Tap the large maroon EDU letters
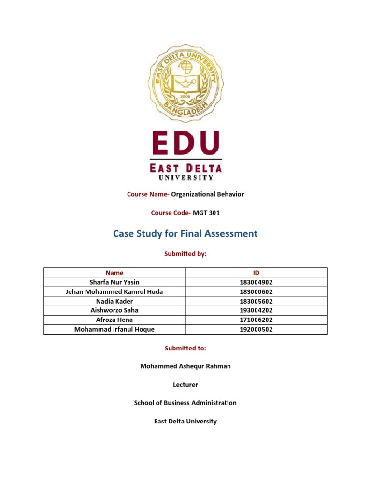pos(185,143)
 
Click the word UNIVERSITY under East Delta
pos(185,178)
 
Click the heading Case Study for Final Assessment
pos(185,234)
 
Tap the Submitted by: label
pos(185,254)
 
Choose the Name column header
pos(114,273)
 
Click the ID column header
pos(256,273)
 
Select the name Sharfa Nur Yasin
pos(114,282)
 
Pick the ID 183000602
pos(256,291)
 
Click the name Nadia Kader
pos(114,301)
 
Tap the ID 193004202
pos(256,310)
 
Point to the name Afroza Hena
pos(114,320)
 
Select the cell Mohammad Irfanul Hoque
pos(114,329)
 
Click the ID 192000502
pos(256,329)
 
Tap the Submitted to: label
pos(185,348)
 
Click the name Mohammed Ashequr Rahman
pos(185,366)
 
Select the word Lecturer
pos(185,385)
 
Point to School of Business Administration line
pos(185,403)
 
